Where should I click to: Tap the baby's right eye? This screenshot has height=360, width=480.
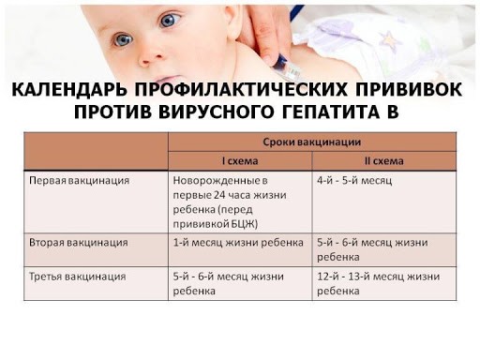coord(123,40)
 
